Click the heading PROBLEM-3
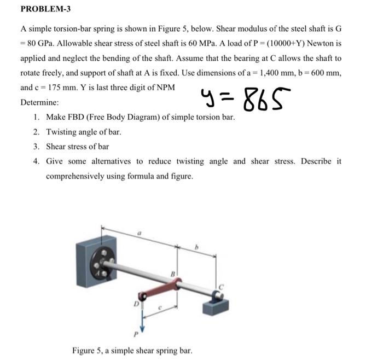pyautogui.click(x=45, y=9)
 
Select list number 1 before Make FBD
pyautogui.click(x=36, y=117)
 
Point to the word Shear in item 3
pyautogui.click(x=57, y=147)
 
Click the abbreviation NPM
pyautogui.click(x=164, y=87)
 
